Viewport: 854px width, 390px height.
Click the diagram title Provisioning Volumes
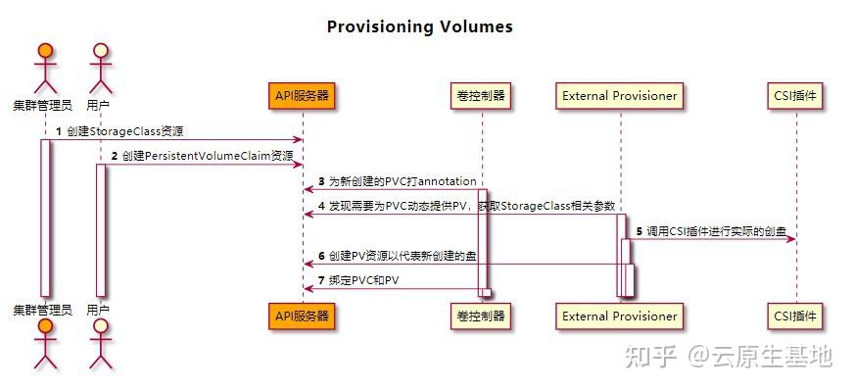pyautogui.click(x=419, y=26)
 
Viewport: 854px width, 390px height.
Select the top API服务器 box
pyautogui.click(x=302, y=95)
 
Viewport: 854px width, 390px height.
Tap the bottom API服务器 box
pyautogui.click(x=302, y=316)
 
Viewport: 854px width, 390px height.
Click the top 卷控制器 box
pyautogui.click(x=482, y=95)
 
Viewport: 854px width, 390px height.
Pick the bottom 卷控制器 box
pyautogui.click(x=482, y=316)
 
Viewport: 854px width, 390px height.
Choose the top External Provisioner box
pyautogui.click(x=619, y=95)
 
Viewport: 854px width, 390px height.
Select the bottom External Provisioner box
pyautogui.click(x=619, y=316)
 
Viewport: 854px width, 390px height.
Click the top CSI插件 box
pyautogui.click(x=794, y=95)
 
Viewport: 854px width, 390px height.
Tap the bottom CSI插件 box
pyautogui.click(x=794, y=316)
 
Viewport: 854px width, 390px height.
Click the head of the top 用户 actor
pyautogui.click(x=98, y=50)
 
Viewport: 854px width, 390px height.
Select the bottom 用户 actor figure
pyautogui.click(x=98, y=348)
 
